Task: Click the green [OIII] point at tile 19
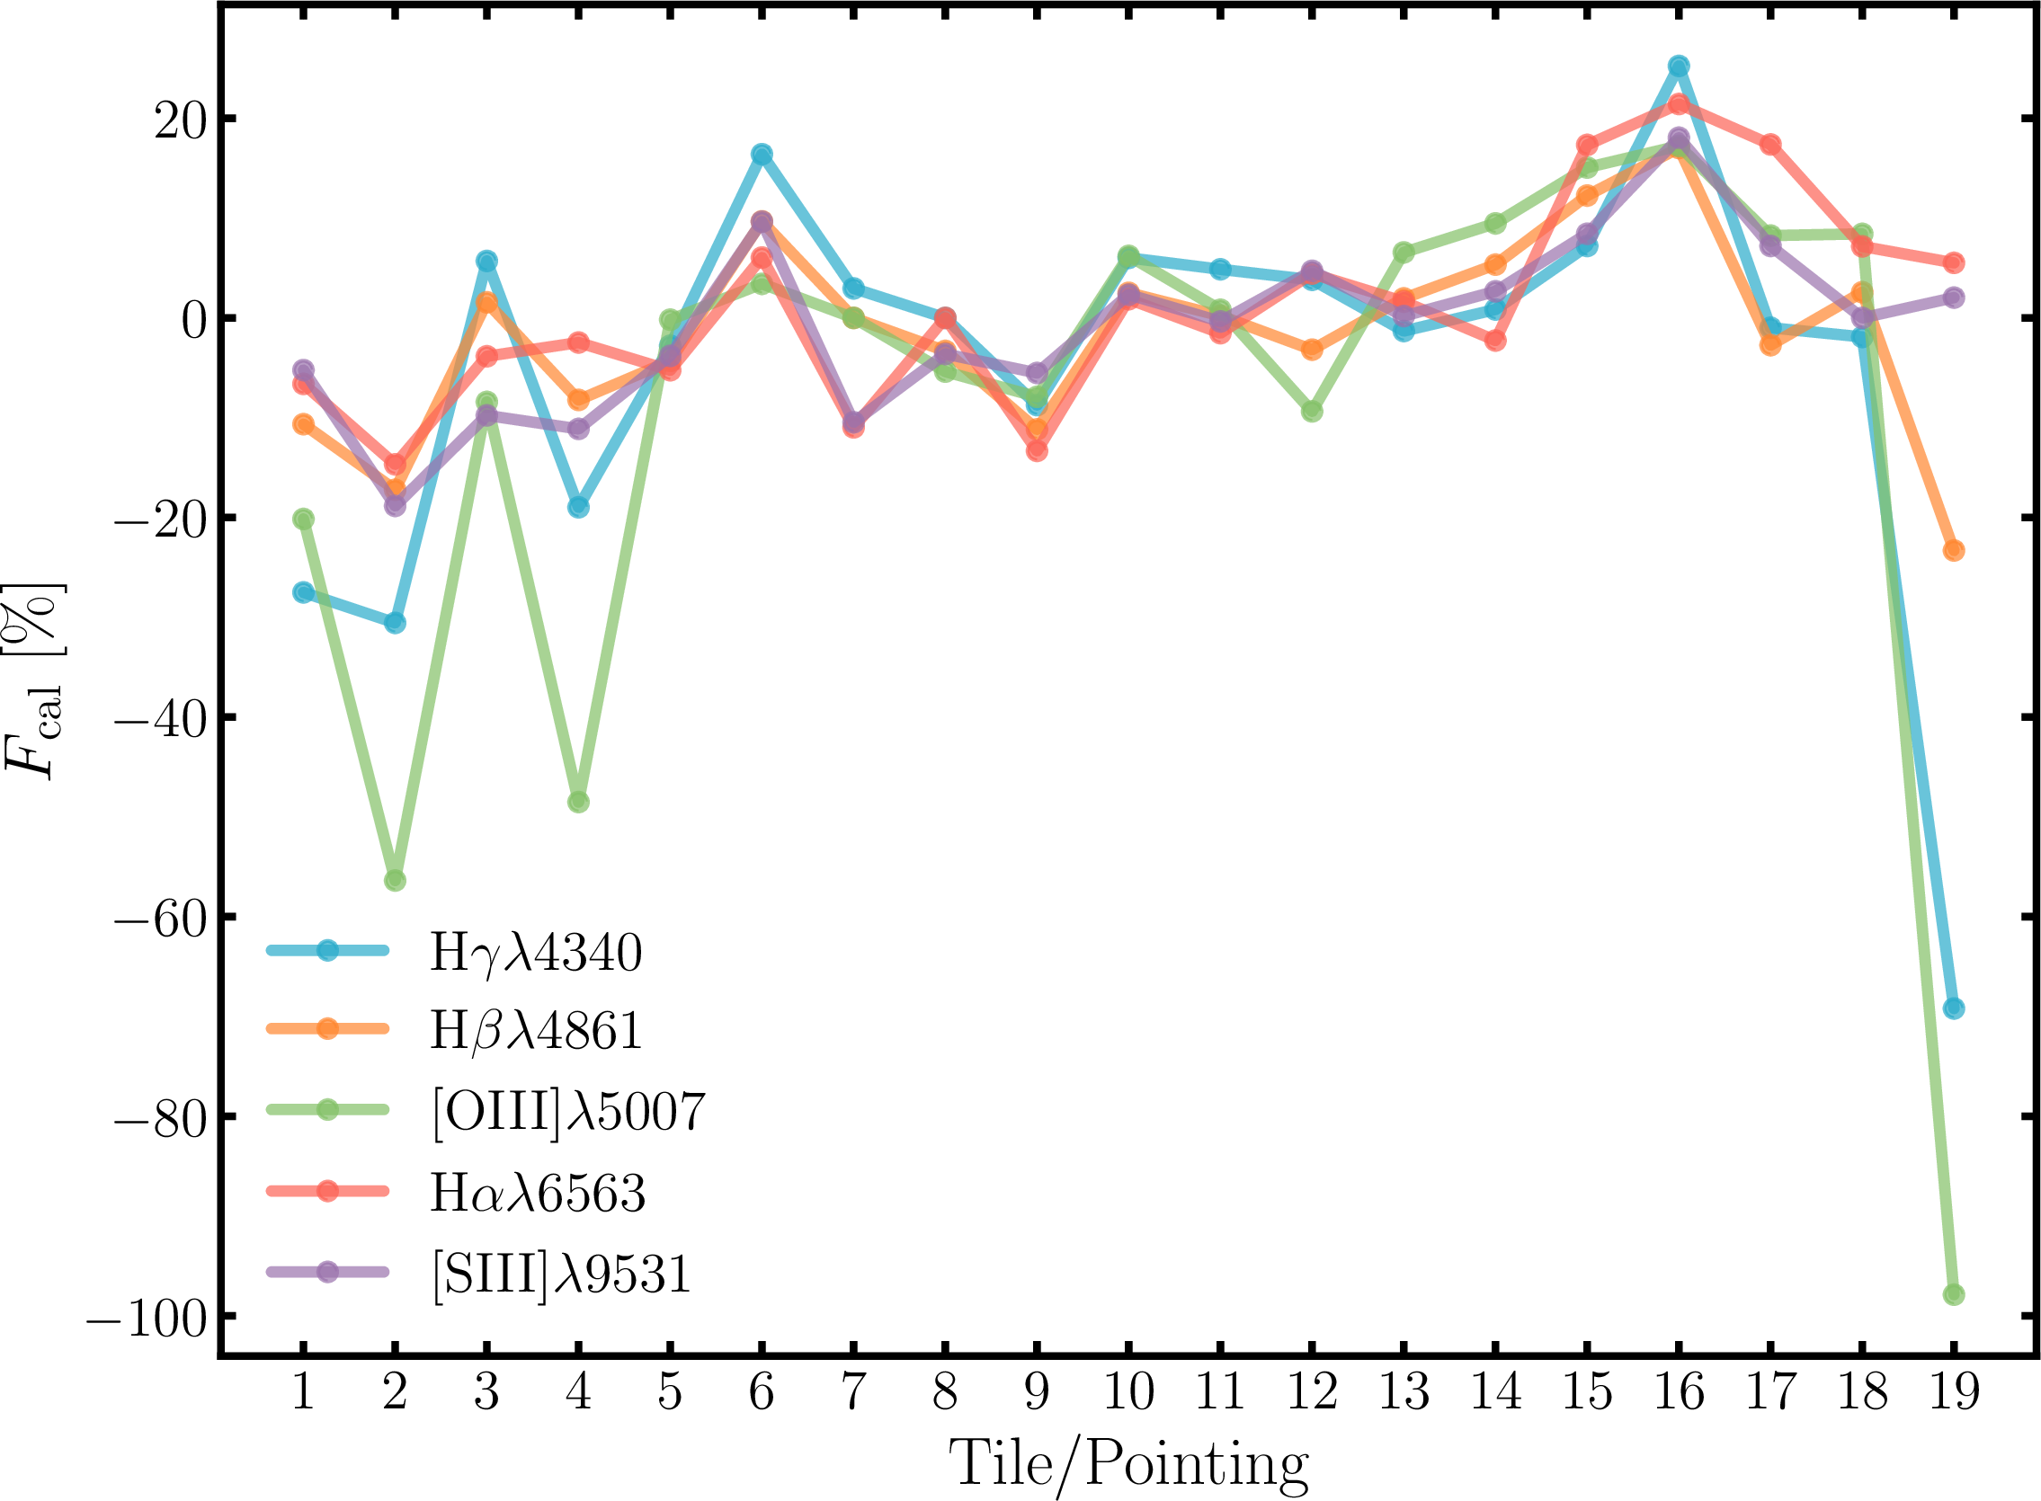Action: [1953, 1295]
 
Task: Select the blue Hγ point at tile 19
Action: [1953, 1008]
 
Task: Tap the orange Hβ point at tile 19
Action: [1953, 551]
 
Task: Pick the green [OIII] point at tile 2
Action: [396, 881]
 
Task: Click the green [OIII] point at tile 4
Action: [578, 803]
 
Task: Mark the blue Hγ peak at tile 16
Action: [1679, 67]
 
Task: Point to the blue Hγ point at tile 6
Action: [762, 155]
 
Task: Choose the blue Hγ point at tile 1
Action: [304, 593]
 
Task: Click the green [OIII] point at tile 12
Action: [1311, 412]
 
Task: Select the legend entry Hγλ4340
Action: [535, 952]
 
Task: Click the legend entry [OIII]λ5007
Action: [568, 1110]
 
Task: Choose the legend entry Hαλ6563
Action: [537, 1192]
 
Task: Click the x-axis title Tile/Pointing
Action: [1127, 1464]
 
